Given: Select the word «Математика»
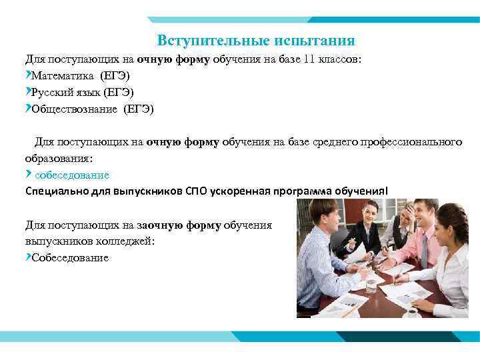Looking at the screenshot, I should [x=62, y=75].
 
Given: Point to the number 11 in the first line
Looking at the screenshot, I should [x=309, y=59].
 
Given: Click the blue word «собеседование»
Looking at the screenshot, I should [x=72, y=175].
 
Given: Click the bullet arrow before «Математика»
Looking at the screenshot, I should [x=27, y=75].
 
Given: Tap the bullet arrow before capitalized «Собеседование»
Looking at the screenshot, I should [x=27, y=257].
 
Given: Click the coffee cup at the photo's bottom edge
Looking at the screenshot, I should [x=411, y=312].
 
